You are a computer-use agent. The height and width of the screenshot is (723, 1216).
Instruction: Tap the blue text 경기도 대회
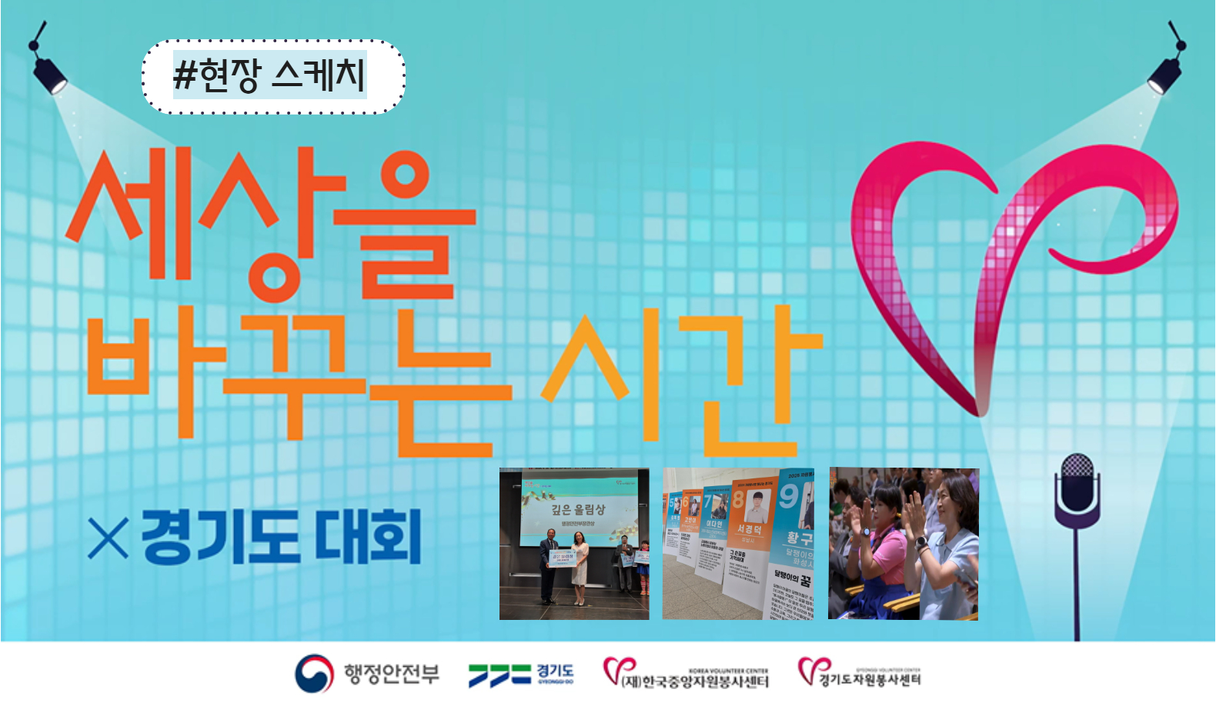coord(281,537)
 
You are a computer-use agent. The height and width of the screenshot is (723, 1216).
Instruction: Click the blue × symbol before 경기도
coord(108,538)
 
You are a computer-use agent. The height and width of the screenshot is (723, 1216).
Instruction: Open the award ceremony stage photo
coord(574,544)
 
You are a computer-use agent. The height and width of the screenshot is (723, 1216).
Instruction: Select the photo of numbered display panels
coord(738,544)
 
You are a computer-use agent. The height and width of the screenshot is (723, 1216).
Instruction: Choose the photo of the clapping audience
coord(904,544)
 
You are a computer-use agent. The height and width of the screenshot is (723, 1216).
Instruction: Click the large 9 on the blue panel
coord(789,496)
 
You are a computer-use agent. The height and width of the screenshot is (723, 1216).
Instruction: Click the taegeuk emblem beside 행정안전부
coord(314,674)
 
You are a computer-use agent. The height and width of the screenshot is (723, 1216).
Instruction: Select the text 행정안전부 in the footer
coord(392,675)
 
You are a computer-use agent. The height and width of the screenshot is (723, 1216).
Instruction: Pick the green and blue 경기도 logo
coord(521,675)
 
